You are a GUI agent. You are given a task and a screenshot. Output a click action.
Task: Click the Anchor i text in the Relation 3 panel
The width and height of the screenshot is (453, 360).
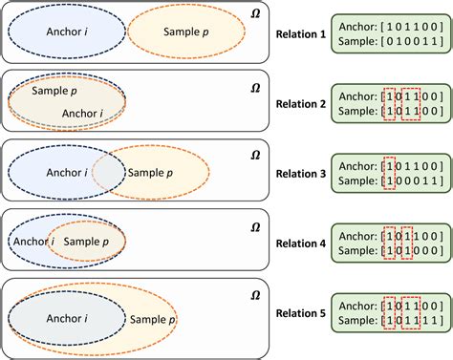(x=66, y=173)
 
